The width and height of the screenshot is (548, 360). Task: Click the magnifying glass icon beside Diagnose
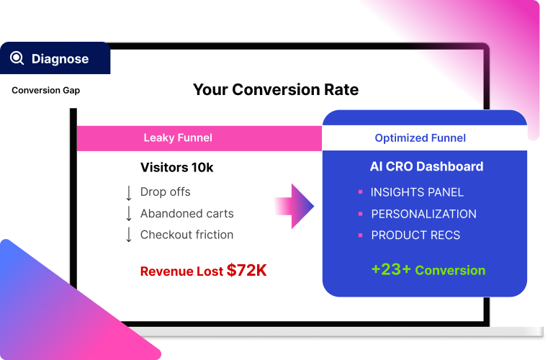pos(17,58)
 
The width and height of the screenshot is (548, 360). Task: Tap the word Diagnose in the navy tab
pos(60,59)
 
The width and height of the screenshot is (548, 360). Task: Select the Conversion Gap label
pos(45,91)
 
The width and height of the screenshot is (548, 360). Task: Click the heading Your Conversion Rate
pos(275,90)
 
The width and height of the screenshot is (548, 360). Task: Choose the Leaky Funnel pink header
pos(178,138)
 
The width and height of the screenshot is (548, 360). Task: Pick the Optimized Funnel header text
pos(420,138)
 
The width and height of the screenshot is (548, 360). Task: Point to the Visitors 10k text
pos(176,168)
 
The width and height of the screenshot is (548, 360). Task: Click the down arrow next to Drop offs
pos(129,192)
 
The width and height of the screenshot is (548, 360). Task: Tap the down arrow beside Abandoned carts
pos(129,213)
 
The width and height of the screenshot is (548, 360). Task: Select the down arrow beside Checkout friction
pos(129,235)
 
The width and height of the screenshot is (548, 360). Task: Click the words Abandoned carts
pos(187,213)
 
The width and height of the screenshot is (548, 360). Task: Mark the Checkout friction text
pos(187,235)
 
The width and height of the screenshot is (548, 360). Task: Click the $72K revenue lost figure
pos(246,271)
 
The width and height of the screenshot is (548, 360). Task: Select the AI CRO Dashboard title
pos(426,166)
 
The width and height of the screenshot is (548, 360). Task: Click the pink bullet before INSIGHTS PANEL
pos(360,192)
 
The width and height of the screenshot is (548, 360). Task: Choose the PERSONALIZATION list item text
pos(423,214)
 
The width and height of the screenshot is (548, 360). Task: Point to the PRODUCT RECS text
pos(416,235)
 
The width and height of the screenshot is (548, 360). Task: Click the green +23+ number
pos(390,270)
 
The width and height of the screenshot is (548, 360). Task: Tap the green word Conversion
pos(450,271)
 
